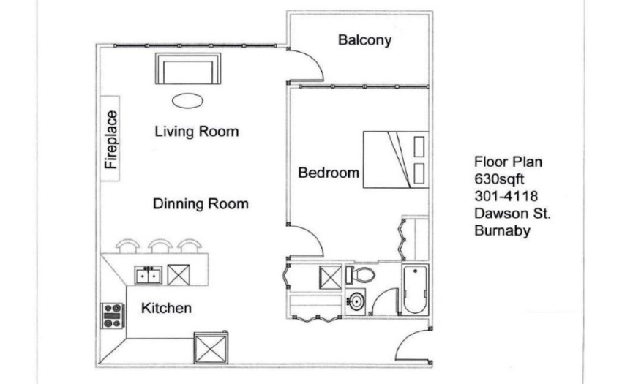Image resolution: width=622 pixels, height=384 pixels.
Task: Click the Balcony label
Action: [364, 40]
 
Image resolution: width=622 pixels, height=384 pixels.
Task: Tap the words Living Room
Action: [197, 132]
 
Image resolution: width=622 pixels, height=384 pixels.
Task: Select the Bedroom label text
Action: [329, 173]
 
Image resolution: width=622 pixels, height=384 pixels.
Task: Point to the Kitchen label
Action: [166, 308]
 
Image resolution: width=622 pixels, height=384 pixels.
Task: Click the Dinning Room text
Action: [201, 204]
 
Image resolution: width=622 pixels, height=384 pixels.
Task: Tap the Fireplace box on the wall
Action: [110, 138]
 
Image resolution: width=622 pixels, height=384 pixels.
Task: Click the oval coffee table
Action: [187, 101]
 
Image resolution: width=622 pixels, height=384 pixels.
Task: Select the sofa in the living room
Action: [188, 68]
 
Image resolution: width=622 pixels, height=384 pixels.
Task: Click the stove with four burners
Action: [112, 316]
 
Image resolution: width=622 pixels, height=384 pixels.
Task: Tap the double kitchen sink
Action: [149, 275]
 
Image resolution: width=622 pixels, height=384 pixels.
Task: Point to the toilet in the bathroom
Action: [360, 274]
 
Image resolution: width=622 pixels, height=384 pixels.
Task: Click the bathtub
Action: [416, 290]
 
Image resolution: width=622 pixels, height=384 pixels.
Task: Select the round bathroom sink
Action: [356, 301]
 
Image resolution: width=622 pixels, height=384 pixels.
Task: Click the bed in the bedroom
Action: [396, 159]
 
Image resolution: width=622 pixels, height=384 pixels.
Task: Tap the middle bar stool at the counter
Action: [160, 246]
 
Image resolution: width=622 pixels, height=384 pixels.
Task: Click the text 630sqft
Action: [499, 179]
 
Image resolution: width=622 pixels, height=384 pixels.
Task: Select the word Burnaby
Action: [502, 230]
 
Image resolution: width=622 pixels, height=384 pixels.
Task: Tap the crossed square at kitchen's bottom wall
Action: [211, 348]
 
